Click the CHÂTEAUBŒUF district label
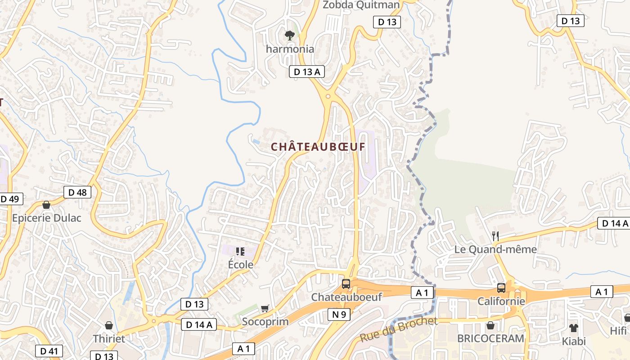click(x=318, y=147)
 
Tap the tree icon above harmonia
click(x=290, y=35)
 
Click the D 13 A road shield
click(x=306, y=72)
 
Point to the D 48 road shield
click(x=77, y=192)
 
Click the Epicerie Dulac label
click(x=46, y=218)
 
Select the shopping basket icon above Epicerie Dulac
click(x=46, y=205)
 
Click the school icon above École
click(x=240, y=251)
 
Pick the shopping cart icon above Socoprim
click(x=265, y=309)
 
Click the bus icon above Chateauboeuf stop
click(x=346, y=284)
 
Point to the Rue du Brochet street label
click(x=398, y=329)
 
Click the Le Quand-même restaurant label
click(x=495, y=249)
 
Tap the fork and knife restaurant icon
click(x=495, y=235)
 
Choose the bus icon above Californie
click(x=501, y=288)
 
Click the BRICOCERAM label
click(x=490, y=338)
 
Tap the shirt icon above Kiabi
click(x=573, y=328)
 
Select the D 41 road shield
click(x=49, y=351)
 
